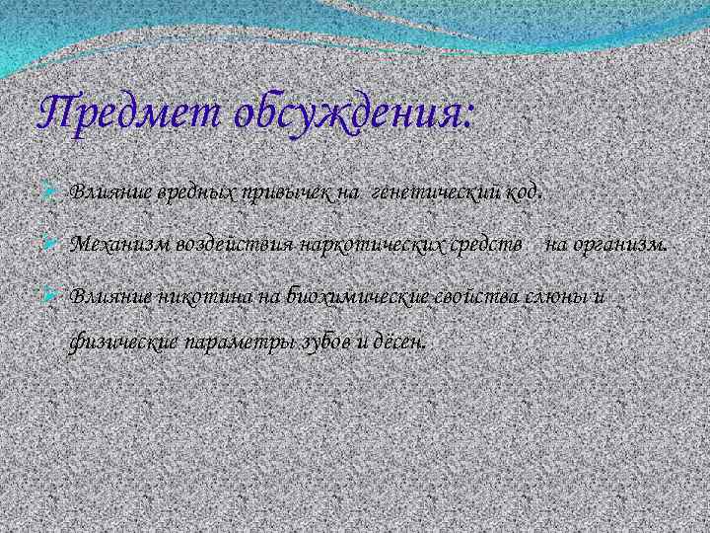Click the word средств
(x=476, y=243)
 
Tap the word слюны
(x=558, y=294)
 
